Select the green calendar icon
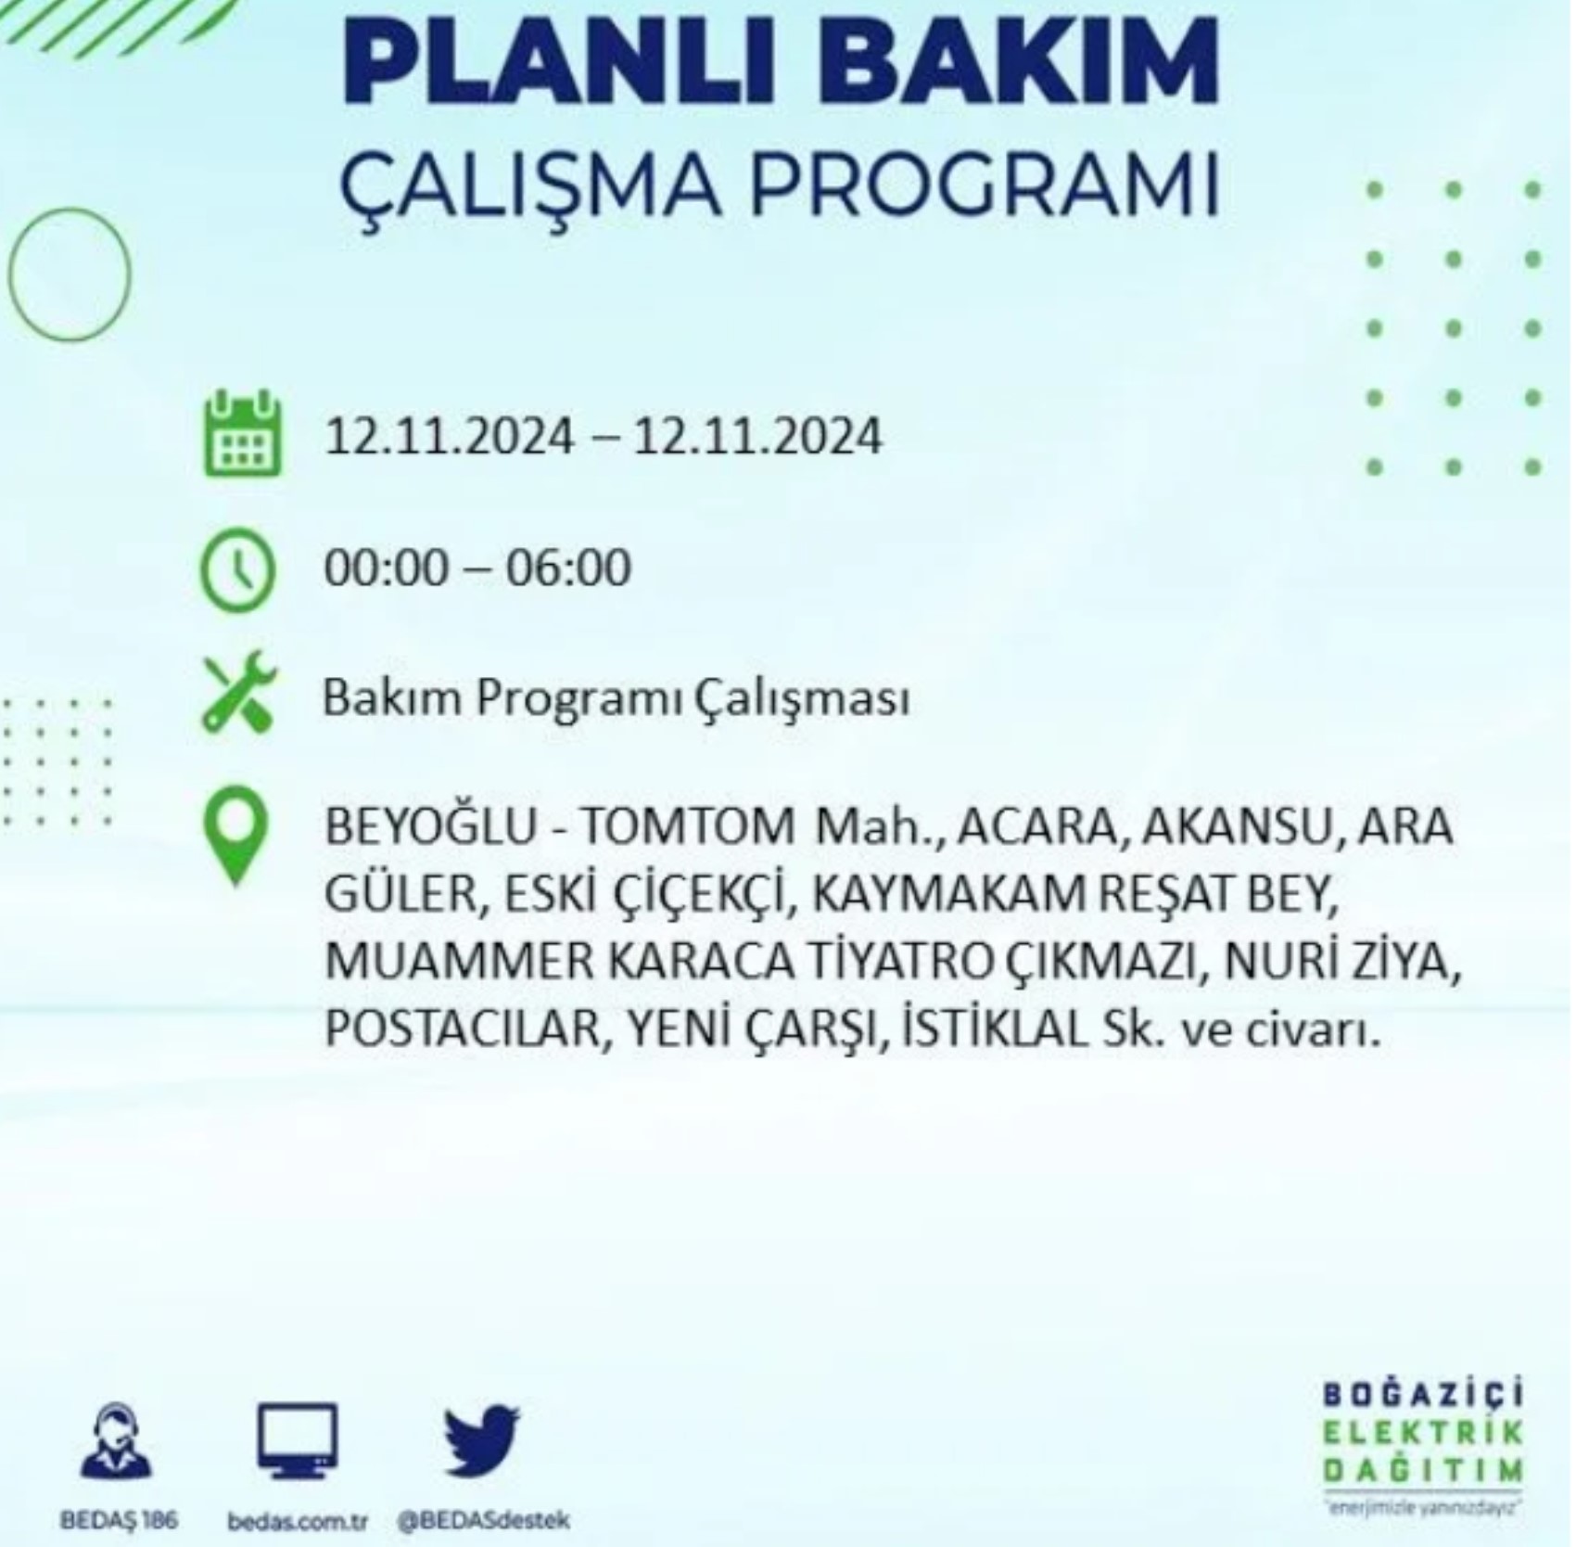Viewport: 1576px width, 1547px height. pyautogui.click(x=242, y=433)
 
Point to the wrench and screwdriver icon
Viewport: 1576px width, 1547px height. pyautogui.click(x=239, y=695)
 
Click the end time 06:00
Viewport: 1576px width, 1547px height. pyautogui.click(x=567, y=569)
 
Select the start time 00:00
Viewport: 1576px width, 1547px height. pyautogui.click(x=386, y=569)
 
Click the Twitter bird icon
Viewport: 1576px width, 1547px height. pyautogui.click(x=481, y=1441)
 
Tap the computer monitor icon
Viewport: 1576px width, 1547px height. pyautogui.click(x=297, y=1442)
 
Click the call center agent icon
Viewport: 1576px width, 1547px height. pyautogui.click(x=117, y=1440)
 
